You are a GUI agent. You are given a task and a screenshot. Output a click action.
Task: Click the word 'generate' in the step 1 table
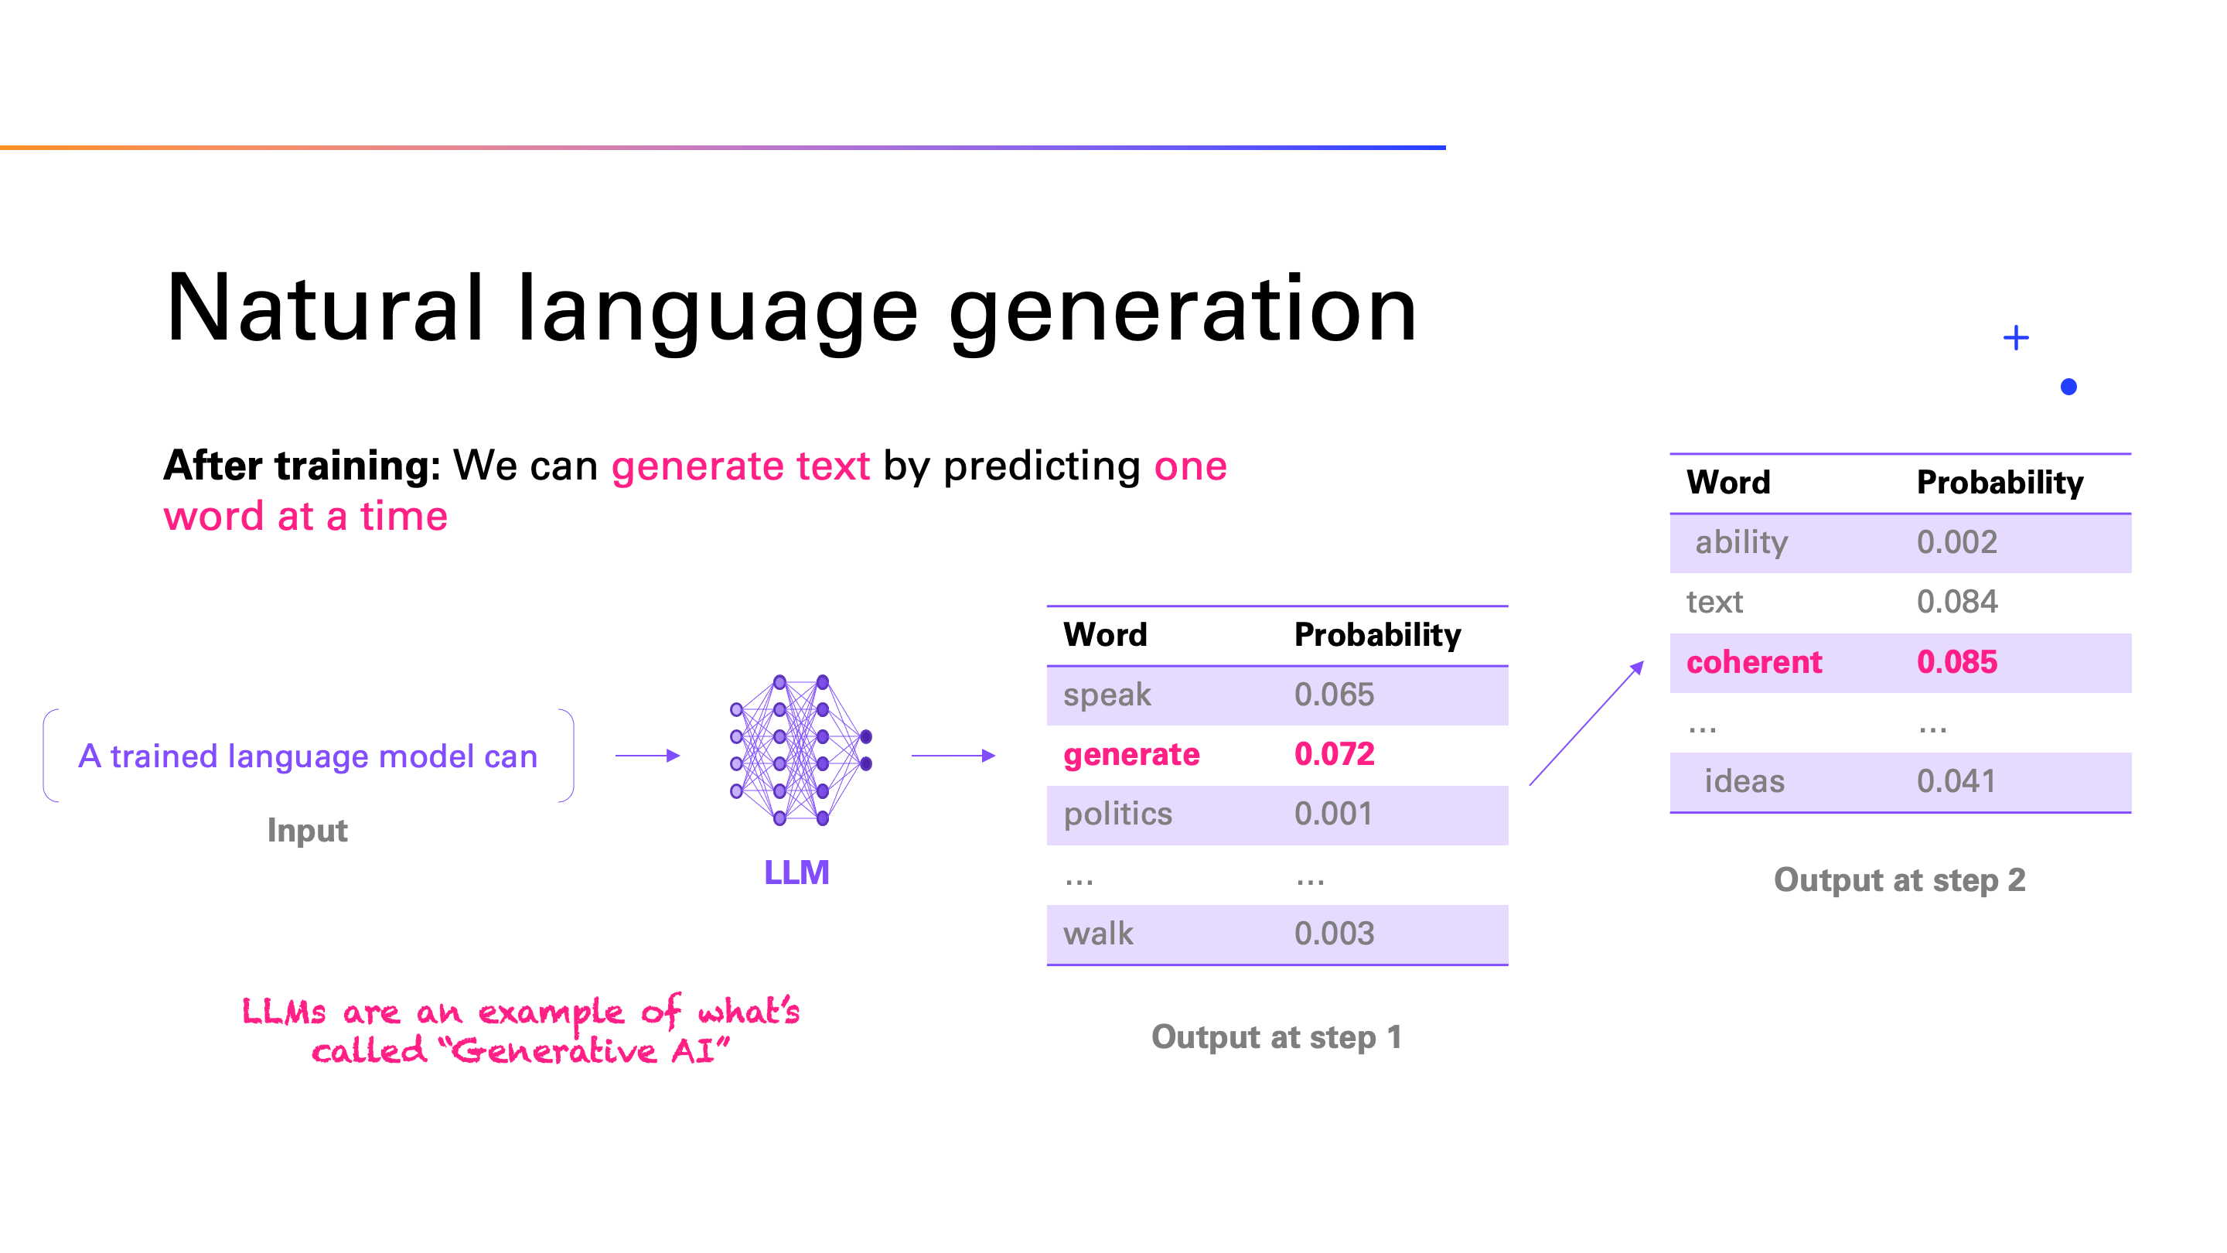coord(1131,755)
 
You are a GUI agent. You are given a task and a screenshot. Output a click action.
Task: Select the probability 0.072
coord(1334,754)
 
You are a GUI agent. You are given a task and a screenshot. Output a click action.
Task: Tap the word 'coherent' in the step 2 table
coord(1753,662)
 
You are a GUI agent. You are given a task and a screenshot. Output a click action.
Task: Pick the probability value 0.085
coord(1956,662)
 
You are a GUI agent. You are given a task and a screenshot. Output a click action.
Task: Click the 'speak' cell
coord(1107,695)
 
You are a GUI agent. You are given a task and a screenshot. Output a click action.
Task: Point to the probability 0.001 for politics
coord(1332,814)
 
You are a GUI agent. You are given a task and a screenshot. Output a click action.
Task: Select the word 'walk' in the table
coord(1098,934)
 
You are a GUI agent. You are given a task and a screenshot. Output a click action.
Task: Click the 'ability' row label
coord(1741,543)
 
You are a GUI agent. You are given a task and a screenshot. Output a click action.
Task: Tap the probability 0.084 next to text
coord(1956,602)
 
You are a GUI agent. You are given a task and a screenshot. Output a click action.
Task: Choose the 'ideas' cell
coord(1744,782)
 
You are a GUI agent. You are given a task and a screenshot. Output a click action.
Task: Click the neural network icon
coord(800,750)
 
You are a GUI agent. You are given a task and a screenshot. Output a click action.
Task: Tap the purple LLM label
coord(796,872)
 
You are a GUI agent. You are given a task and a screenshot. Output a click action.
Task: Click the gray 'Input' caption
coord(307,831)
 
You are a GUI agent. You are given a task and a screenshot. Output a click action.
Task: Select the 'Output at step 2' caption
coord(1899,880)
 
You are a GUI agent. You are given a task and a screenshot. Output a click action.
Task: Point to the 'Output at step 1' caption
coord(1276,1038)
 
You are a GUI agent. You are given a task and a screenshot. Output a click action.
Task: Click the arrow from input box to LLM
coord(647,756)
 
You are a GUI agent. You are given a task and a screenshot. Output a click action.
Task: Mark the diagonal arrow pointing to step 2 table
coord(1587,723)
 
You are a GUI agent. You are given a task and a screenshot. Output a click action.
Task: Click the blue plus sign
coord(2015,337)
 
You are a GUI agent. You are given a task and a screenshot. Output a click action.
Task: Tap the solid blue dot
coord(2068,387)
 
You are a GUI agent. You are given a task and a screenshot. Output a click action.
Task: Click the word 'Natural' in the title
coord(324,309)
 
